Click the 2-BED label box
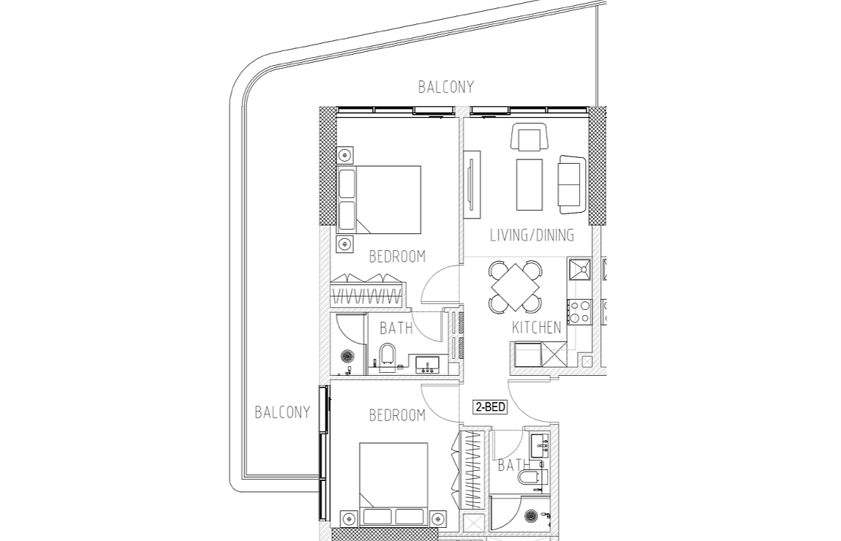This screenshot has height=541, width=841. click(490, 407)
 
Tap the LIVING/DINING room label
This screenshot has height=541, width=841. click(532, 235)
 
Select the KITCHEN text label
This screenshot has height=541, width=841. click(536, 328)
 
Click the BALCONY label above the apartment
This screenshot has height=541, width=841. click(445, 87)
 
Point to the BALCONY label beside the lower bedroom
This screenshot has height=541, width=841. click(282, 412)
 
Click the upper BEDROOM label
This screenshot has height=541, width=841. click(397, 257)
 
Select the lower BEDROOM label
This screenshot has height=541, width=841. click(397, 415)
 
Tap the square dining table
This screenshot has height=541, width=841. click(515, 287)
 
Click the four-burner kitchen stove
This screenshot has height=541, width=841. click(579, 311)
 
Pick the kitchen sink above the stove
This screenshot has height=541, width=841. click(579, 269)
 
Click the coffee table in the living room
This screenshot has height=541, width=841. click(529, 184)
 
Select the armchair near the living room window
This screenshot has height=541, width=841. click(529, 137)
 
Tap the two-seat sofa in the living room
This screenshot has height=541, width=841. click(572, 184)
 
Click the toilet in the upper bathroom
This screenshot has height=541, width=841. click(386, 355)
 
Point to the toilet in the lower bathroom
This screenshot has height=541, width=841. click(530, 478)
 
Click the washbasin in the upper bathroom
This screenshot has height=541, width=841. click(428, 364)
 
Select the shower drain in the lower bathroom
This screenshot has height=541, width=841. click(530, 516)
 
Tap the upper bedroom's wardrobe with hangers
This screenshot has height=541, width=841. click(366, 290)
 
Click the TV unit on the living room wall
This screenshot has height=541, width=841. click(472, 184)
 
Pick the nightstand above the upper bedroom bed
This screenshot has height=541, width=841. click(345, 155)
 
